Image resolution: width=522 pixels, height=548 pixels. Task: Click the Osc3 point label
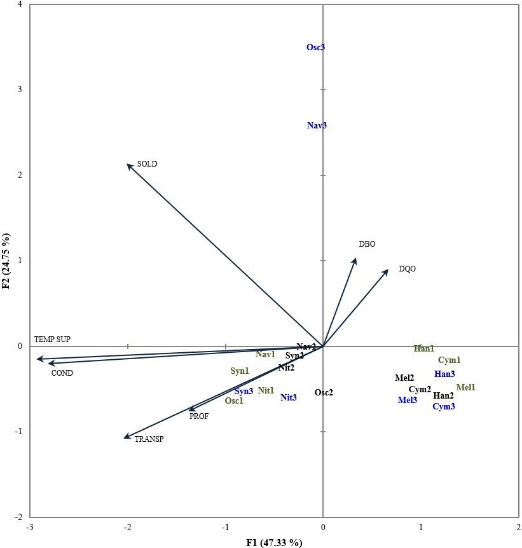[x=316, y=47]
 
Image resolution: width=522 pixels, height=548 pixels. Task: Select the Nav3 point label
[x=317, y=126]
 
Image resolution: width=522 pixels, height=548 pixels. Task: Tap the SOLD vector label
[x=147, y=164]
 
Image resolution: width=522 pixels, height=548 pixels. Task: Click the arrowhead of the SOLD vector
[x=128, y=165]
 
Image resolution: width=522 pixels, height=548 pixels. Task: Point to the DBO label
[x=367, y=244]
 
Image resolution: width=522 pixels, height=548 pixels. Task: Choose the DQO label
[x=407, y=269]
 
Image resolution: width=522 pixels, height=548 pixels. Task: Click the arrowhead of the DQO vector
[x=387, y=270]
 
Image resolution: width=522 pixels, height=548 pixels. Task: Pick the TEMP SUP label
[x=52, y=339]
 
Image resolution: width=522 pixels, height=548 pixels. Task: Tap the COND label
[x=62, y=373]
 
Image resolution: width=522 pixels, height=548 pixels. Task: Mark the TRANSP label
[x=149, y=439]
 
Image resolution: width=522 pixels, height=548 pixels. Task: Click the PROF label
[x=198, y=417]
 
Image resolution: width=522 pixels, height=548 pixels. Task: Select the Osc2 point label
[x=324, y=393]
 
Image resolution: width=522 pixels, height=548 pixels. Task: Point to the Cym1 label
[x=449, y=360]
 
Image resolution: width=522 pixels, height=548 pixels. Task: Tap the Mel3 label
[x=408, y=401]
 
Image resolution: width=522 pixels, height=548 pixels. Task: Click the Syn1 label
[x=240, y=371]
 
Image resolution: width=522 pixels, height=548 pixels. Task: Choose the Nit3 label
[x=289, y=398]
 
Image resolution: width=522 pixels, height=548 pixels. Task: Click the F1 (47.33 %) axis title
[x=274, y=542]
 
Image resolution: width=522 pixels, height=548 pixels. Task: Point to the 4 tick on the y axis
[x=20, y=5]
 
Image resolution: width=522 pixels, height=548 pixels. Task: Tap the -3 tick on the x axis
[x=29, y=528]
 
